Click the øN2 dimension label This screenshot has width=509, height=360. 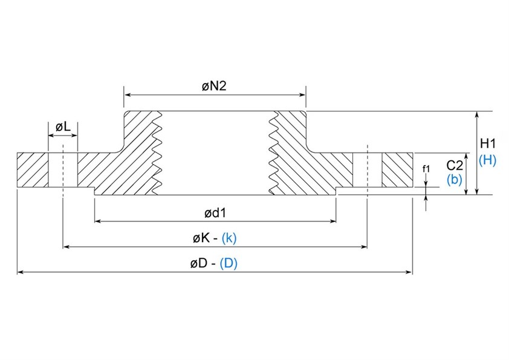coord(214,87)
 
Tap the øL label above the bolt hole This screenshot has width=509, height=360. coord(63,127)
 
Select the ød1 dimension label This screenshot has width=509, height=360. coord(215,212)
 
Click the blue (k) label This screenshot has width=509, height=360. coord(229,238)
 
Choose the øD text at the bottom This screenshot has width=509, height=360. coord(199,264)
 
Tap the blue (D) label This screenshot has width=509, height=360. coord(229,264)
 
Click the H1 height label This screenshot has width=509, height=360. coord(487,144)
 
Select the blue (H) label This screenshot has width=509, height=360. coord(487,160)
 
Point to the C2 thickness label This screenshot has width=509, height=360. coord(455,165)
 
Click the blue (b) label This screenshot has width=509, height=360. coord(454,179)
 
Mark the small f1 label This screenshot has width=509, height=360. coord(426,169)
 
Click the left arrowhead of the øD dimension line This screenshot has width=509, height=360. coord(20,273)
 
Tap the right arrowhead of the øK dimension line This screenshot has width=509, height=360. coord(365,247)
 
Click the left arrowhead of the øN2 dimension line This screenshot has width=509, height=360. coord(127,94)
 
